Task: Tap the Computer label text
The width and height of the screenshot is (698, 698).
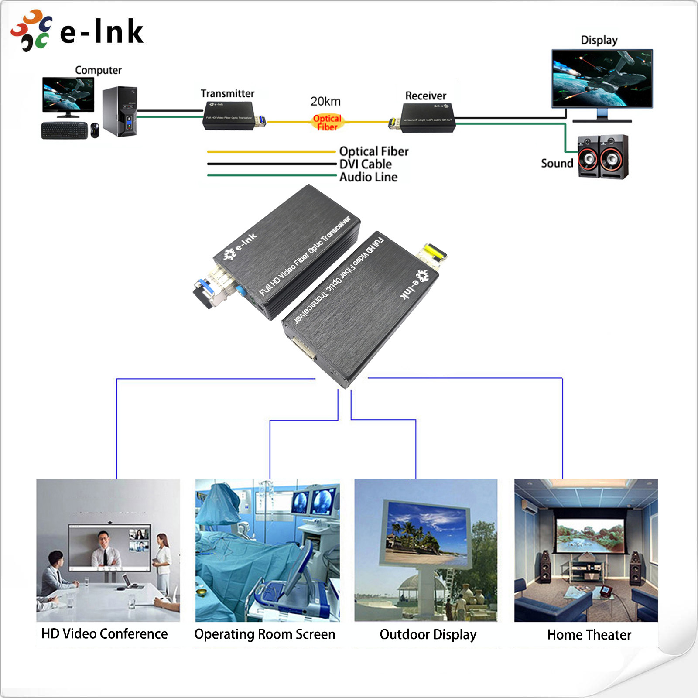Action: click(x=98, y=70)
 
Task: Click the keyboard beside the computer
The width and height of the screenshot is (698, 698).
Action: click(x=64, y=130)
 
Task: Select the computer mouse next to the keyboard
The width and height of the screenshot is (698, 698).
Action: click(x=95, y=130)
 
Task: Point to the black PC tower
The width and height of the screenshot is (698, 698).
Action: click(x=120, y=111)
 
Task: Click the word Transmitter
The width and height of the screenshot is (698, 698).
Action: click(x=227, y=93)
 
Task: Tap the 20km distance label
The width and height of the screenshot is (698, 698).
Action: click(x=325, y=101)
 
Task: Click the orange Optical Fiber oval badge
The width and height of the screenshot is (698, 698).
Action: click(x=327, y=123)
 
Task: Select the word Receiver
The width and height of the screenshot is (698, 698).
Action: click(x=426, y=96)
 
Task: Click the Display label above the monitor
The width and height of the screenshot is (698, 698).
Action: click(x=599, y=40)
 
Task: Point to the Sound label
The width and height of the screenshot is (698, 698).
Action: click(x=557, y=163)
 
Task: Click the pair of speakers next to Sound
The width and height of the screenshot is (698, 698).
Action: click(x=603, y=157)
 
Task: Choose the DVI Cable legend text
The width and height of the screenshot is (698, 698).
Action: click(x=366, y=164)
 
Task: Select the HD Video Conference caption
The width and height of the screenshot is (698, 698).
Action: click(x=104, y=634)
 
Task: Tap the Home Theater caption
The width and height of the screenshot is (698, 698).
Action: click(x=589, y=635)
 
